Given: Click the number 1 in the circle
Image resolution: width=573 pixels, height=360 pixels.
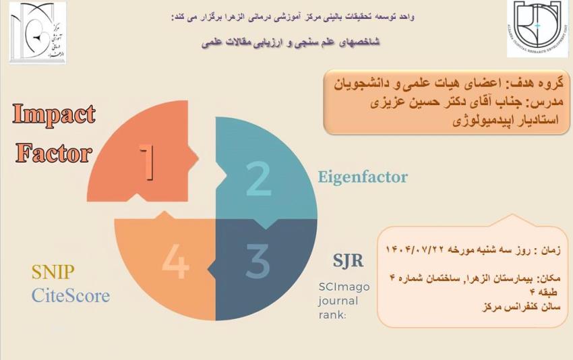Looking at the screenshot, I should tap(149, 162).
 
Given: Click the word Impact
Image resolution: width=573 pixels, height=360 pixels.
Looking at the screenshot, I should tap(54, 115).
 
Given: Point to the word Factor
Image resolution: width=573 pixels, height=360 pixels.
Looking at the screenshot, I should tap(54, 154).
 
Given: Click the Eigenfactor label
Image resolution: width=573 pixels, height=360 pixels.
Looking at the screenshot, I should tap(363, 178).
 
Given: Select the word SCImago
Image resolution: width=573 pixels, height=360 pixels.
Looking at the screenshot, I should tap(344, 287).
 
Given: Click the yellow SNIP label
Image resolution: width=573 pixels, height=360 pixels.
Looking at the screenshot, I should tap(53, 272).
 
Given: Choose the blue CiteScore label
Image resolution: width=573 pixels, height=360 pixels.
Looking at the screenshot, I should tap(70, 295).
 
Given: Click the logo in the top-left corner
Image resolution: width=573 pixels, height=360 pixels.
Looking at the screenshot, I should tap(38, 32).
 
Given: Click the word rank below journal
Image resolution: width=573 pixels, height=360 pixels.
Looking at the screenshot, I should tap(332, 313).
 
